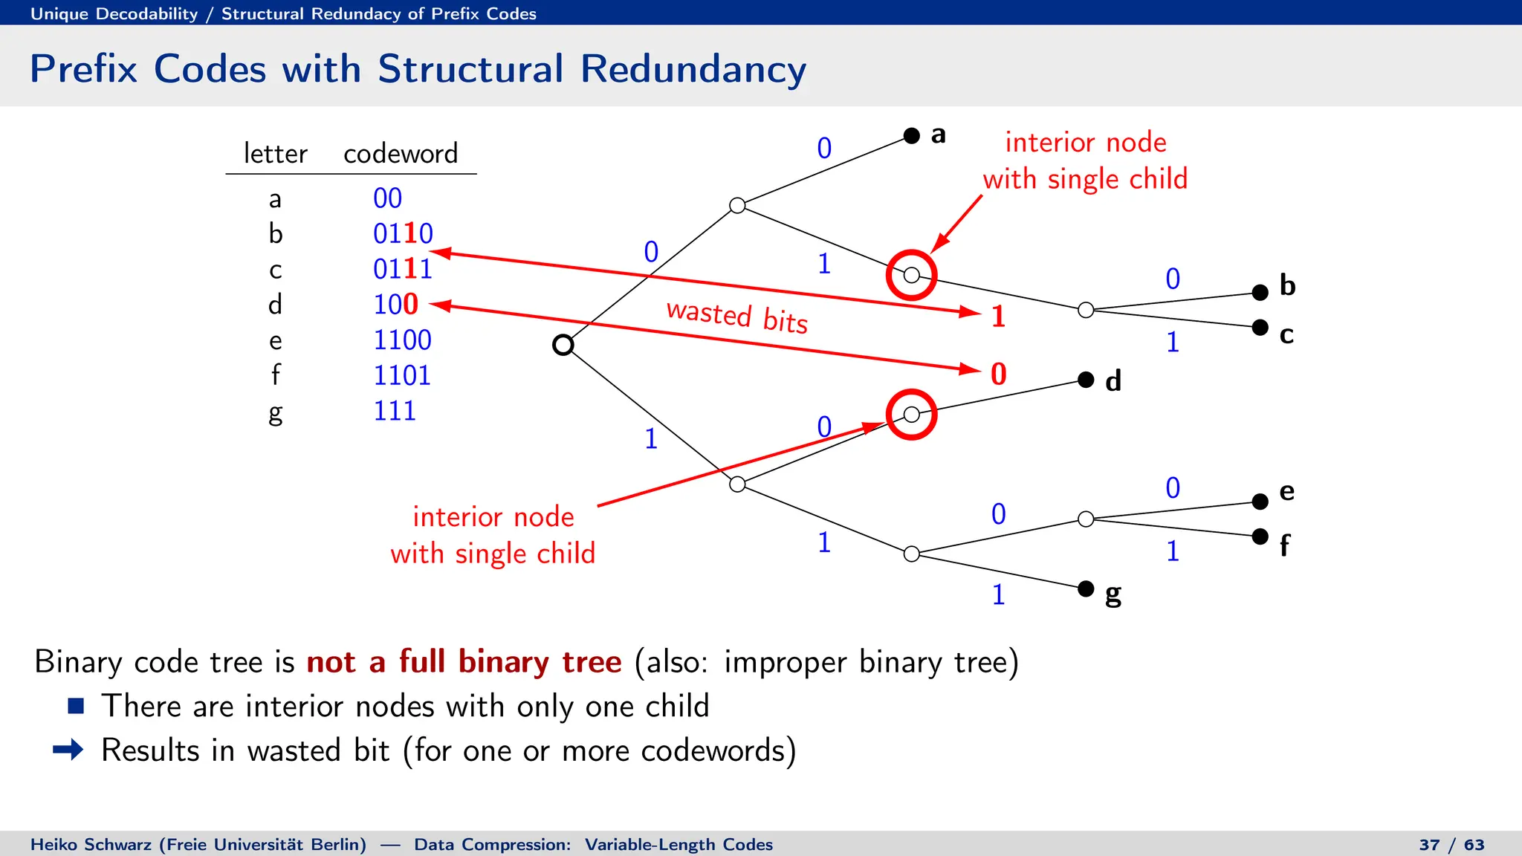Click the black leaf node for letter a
pyautogui.click(x=912, y=135)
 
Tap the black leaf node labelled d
pyautogui.click(x=1086, y=380)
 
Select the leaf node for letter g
pyautogui.click(x=1086, y=588)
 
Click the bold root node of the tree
pyautogui.click(x=563, y=345)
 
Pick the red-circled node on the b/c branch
pyautogui.click(x=912, y=275)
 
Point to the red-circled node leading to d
pyautogui.click(x=912, y=415)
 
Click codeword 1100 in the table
pyautogui.click(x=402, y=340)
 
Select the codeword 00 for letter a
pyautogui.click(x=387, y=198)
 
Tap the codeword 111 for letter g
pyautogui.click(x=395, y=410)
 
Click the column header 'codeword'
pyautogui.click(x=401, y=153)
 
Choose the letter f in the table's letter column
pyautogui.click(x=276, y=375)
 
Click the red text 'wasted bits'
pyautogui.click(x=736, y=317)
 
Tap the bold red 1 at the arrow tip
pyautogui.click(x=999, y=316)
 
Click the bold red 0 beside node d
pyautogui.click(x=999, y=374)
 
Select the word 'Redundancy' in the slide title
pyautogui.click(x=693, y=69)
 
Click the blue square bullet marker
pyautogui.click(x=76, y=705)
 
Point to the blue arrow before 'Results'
pyautogui.click(x=68, y=749)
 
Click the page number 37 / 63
pyautogui.click(x=1451, y=844)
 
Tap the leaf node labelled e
pyautogui.click(x=1260, y=502)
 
